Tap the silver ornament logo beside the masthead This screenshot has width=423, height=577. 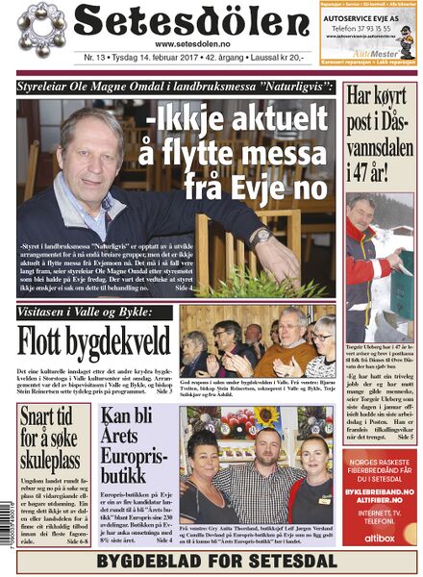43,30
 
